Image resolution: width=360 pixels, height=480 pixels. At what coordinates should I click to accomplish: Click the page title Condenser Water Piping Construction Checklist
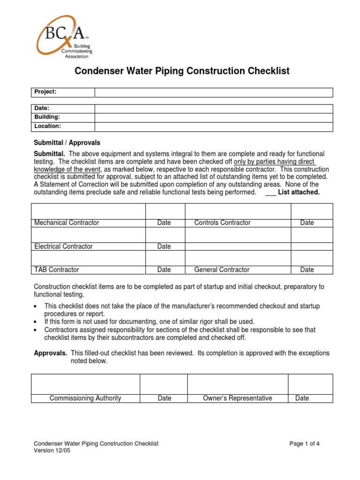182,71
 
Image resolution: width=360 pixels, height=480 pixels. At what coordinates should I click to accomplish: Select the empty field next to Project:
213,92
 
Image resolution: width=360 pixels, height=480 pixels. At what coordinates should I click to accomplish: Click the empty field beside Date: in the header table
213,108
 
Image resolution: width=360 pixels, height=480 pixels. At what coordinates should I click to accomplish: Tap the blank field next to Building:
213,117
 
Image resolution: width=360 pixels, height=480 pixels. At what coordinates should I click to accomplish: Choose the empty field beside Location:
213,127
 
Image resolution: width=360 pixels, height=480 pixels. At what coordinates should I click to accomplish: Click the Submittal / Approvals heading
67,142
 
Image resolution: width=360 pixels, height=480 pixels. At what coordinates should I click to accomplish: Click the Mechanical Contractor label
67,223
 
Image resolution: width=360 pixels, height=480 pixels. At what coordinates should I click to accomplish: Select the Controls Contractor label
222,223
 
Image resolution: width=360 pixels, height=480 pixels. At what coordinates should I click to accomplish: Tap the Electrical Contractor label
63,246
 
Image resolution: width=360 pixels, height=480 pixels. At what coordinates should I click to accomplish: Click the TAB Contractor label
57,270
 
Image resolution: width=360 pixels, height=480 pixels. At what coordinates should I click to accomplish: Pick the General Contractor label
222,270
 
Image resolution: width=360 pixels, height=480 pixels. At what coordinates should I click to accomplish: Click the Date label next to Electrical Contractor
164,246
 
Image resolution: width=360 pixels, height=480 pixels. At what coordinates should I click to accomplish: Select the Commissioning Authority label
85,398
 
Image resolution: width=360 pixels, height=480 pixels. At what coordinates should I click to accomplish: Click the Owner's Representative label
237,398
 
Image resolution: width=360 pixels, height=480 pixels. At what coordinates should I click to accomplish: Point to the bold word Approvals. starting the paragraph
51,353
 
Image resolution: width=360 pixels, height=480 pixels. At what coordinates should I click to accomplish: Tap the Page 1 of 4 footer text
305,443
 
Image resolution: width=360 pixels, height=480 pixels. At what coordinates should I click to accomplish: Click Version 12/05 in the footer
52,451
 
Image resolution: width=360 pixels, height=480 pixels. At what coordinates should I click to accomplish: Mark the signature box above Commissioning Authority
85,384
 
